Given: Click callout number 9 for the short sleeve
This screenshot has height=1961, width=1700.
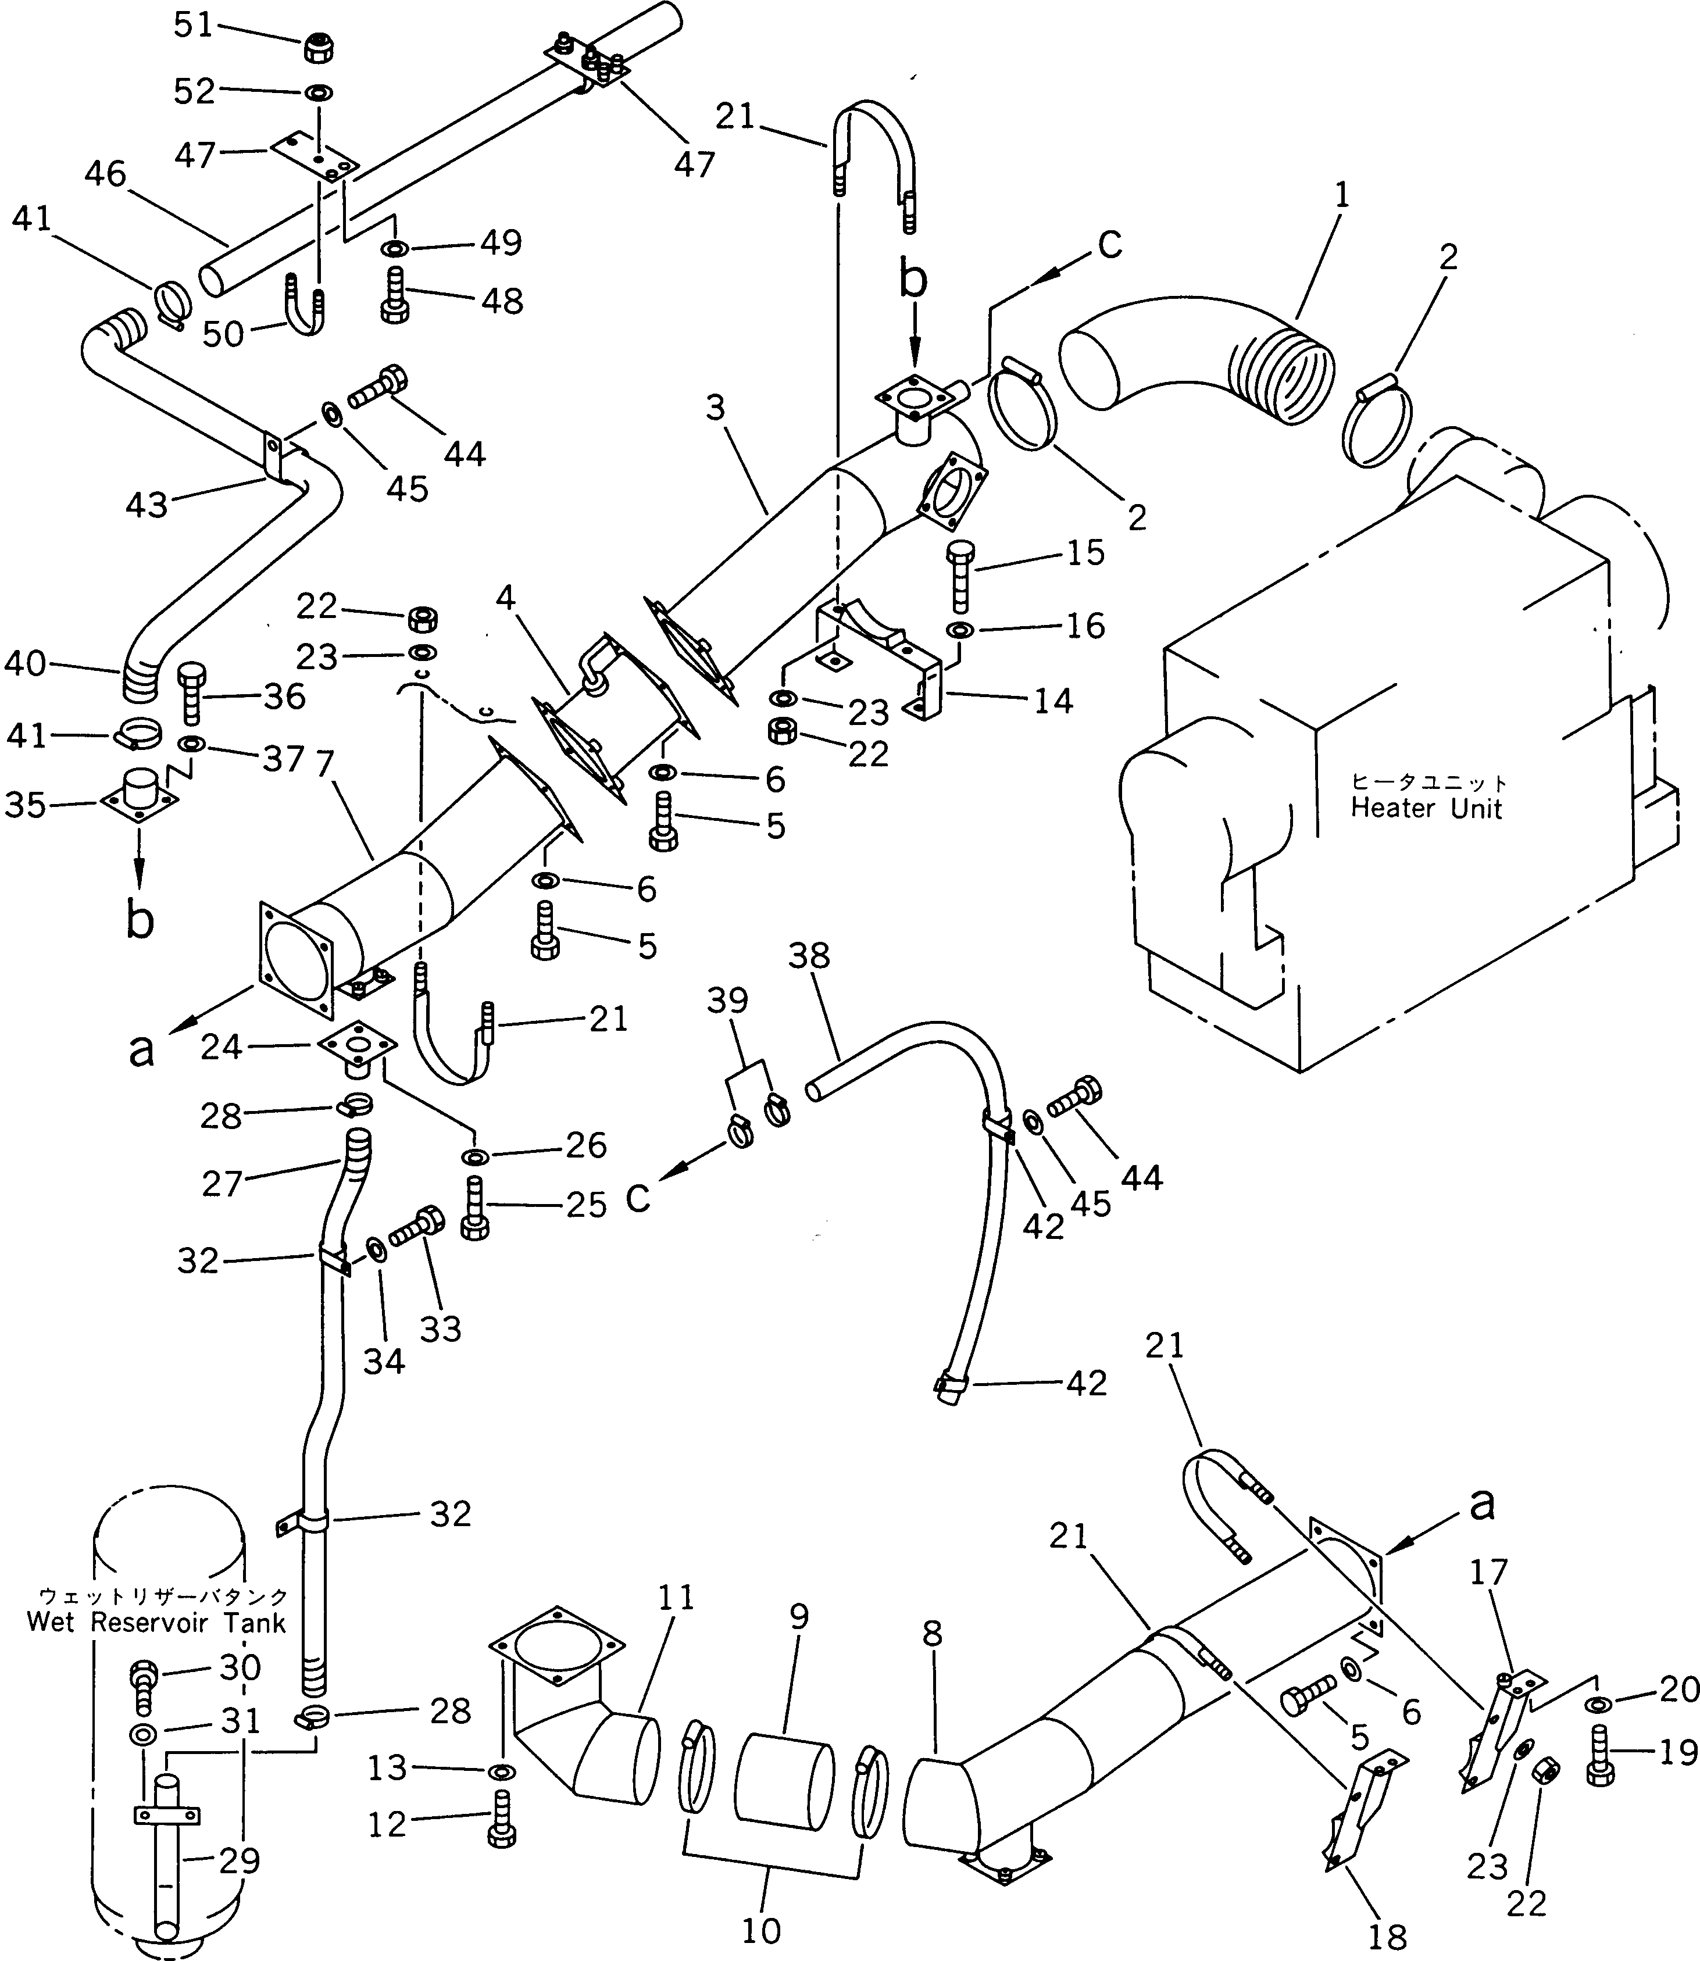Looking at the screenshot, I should tap(799, 1617).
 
